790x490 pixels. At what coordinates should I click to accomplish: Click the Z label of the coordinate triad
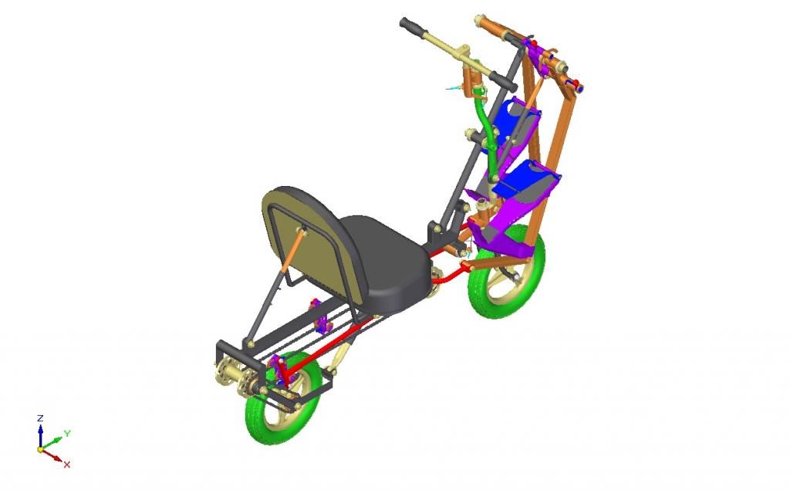pyautogui.click(x=40, y=418)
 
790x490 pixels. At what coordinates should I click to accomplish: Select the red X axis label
pyautogui.click(x=66, y=465)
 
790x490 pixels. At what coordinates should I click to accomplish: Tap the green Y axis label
pyautogui.click(x=67, y=433)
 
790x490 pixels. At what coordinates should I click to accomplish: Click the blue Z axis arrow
pyautogui.click(x=40, y=435)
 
